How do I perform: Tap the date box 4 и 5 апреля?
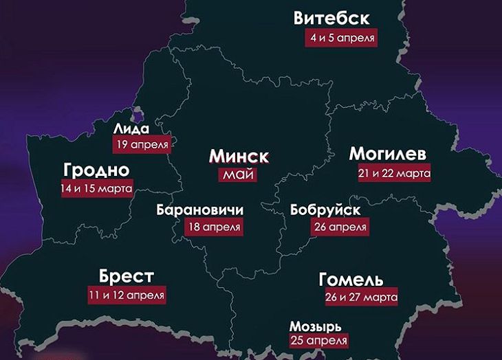(x=342, y=38)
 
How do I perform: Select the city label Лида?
(x=131, y=128)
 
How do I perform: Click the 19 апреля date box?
(x=141, y=144)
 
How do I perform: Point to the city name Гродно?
(x=96, y=170)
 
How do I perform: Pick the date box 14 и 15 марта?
(x=96, y=188)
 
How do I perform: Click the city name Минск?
(x=239, y=157)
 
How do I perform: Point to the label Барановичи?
(x=200, y=210)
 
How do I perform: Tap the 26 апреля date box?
(x=339, y=226)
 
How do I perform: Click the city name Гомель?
(x=351, y=280)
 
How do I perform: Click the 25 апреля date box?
(x=318, y=340)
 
